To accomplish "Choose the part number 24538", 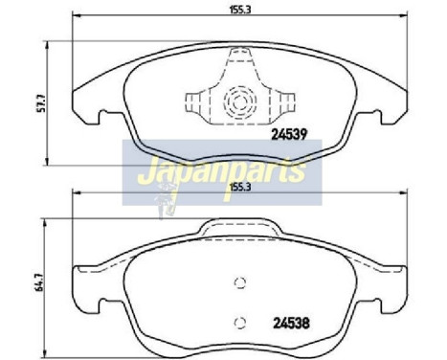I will pos(289,322).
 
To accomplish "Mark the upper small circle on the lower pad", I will pos(240,282).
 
